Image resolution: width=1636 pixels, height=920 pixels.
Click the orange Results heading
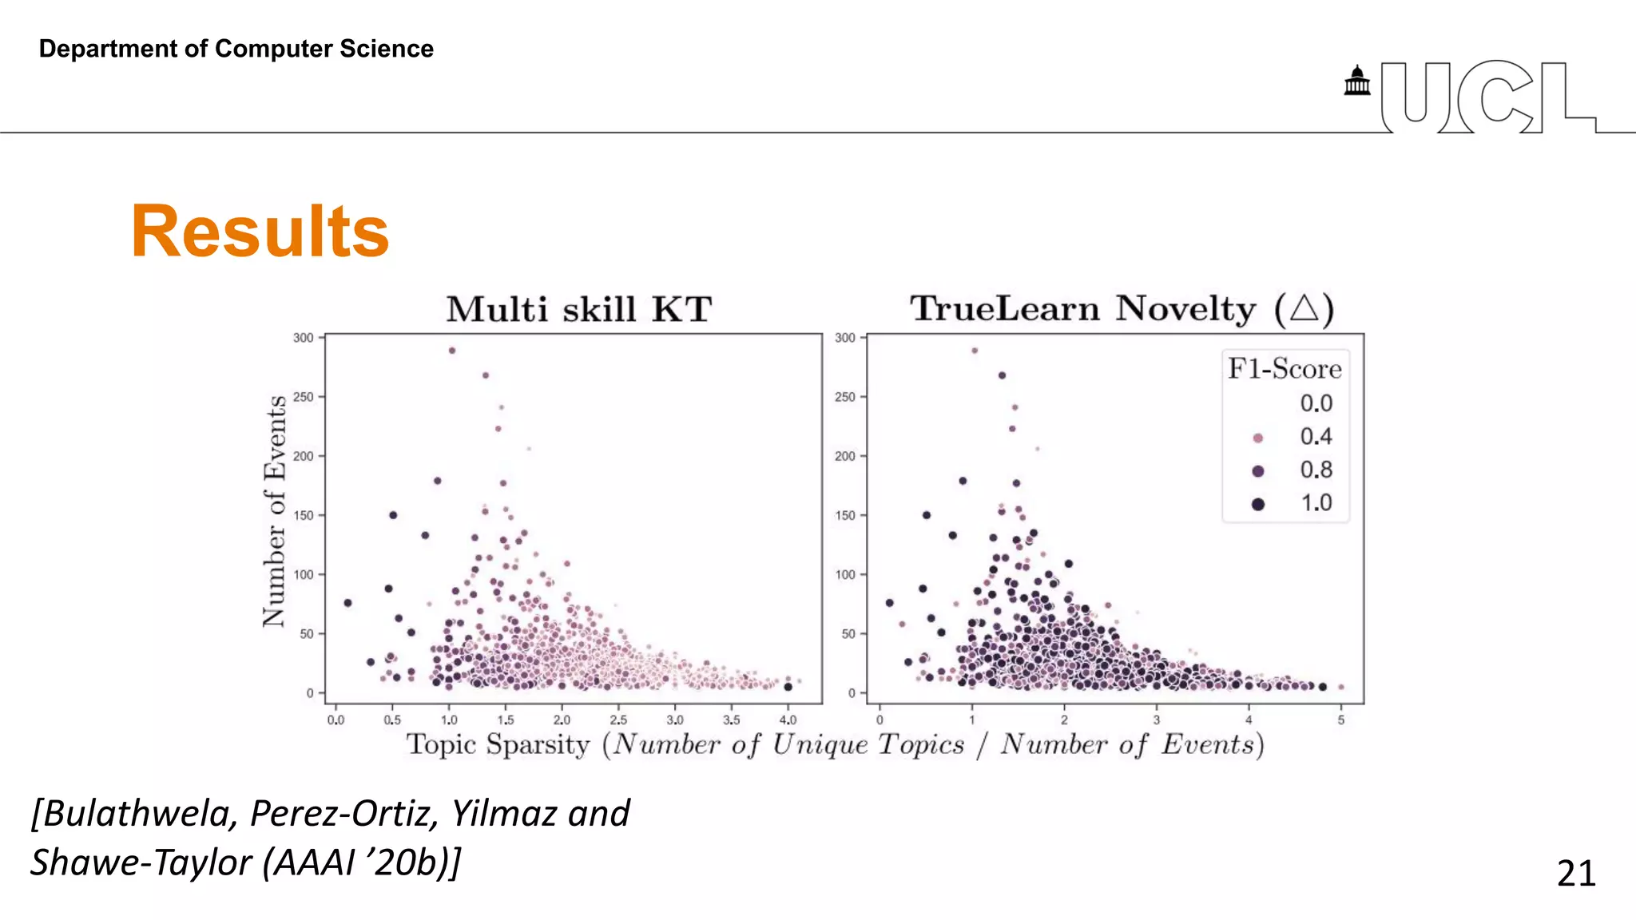[x=260, y=232]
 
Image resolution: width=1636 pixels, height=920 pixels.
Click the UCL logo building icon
[x=1356, y=81]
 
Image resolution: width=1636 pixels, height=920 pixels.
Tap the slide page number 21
[x=1575, y=873]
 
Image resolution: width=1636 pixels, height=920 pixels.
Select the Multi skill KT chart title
[x=578, y=309]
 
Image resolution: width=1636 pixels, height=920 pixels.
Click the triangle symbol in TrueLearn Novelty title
[x=1304, y=307]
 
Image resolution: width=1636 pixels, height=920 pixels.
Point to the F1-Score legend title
[x=1285, y=368]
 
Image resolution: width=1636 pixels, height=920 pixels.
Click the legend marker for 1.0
[x=1258, y=504]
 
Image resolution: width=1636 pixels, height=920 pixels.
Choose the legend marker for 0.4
[x=1258, y=438]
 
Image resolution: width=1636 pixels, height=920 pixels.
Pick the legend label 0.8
[x=1316, y=470]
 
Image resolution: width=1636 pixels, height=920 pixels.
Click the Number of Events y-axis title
[x=274, y=511]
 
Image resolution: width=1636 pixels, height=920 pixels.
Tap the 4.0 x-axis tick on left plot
[x=788, y=720]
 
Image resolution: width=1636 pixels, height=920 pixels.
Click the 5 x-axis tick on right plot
[x=1341, y=720]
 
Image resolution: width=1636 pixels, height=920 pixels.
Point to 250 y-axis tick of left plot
[x=304, y=397]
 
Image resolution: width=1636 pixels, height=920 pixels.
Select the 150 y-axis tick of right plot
[x=845, y=515]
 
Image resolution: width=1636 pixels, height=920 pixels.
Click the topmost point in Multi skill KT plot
[x=452, y=351]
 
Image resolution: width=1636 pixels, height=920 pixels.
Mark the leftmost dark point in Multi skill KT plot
[x=347, y=603]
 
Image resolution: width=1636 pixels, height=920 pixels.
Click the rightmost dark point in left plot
[x=788, y=687]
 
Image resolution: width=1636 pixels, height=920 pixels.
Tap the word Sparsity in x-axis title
[x=538, y=744]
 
